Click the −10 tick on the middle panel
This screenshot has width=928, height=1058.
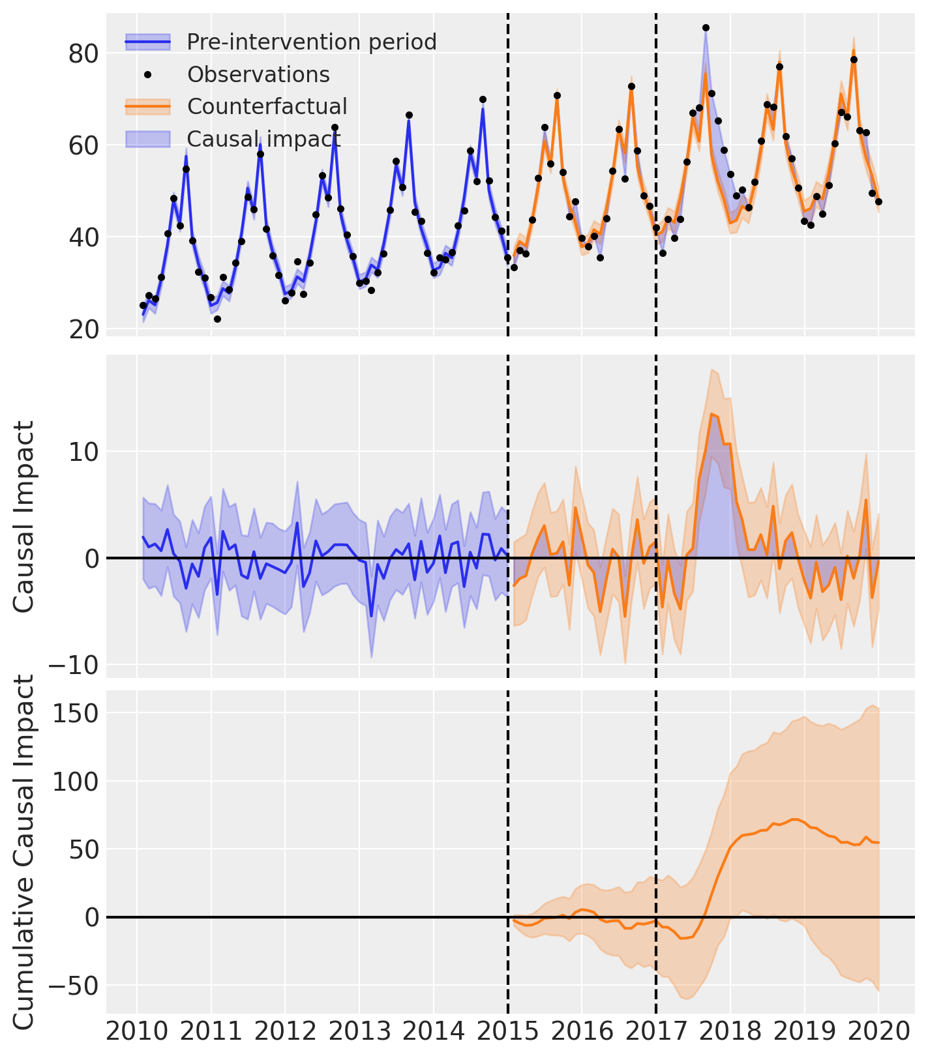click(x=72, y=666)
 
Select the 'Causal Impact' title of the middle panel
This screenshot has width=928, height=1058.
click(x=24, y=516)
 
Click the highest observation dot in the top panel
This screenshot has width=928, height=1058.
click(x=706, y=27)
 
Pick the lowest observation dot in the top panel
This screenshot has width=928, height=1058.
click(x=217, y=319)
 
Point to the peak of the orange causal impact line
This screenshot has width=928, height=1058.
click(x=711, y=414)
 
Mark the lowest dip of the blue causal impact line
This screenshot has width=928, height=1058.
click(x=372, y=617)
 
